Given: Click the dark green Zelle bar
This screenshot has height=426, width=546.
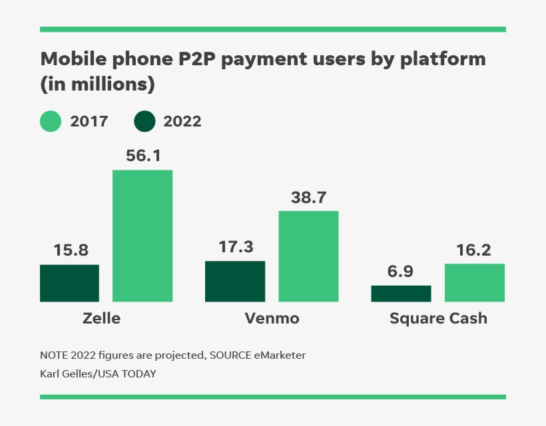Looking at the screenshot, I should (69, 283).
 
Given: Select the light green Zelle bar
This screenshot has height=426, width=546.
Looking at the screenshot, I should (142, 236).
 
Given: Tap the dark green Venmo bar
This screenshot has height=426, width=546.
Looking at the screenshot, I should (235, 281).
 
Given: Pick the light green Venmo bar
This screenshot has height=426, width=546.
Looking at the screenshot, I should (308, 256).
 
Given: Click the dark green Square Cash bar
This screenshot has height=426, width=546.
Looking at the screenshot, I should (401, 294).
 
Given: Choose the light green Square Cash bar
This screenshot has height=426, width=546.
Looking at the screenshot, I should (475, 282).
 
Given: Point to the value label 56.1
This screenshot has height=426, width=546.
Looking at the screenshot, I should (143, 156).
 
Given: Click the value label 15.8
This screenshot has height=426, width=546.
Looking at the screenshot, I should (70, 251).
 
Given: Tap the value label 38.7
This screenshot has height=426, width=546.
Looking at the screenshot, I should (308, 197).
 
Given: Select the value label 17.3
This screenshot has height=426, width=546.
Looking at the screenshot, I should (236, 247).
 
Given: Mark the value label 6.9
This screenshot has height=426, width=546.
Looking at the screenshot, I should (402, 272).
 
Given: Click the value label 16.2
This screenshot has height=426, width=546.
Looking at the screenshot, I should (474, 250).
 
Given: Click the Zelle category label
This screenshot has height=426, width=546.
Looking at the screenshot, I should (102, 318).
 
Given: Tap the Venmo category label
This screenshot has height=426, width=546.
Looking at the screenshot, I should (272, 318).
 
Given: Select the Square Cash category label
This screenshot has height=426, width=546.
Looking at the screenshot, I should (438, 318).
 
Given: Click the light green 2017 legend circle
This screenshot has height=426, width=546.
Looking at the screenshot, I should (51, 122).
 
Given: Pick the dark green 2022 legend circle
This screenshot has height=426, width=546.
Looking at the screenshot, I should (144, 122).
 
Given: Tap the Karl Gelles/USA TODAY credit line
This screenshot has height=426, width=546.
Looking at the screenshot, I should (98, 373).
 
